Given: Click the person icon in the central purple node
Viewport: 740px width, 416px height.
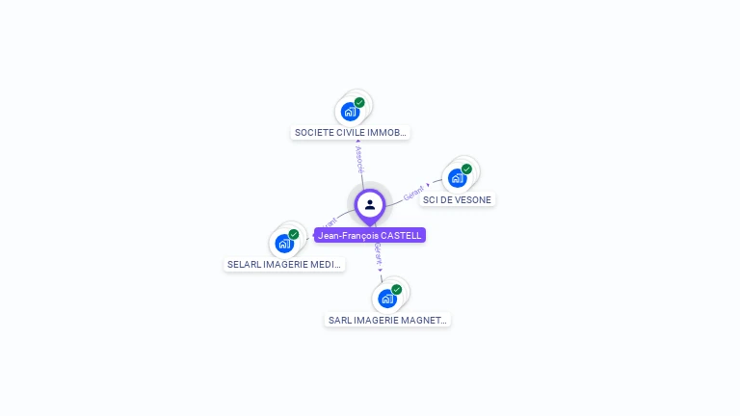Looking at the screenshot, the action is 370,204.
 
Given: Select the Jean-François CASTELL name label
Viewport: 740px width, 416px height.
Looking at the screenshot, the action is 370,235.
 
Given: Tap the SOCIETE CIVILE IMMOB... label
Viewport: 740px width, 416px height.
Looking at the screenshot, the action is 351,133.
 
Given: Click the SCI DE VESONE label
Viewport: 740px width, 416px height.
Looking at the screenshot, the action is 457,200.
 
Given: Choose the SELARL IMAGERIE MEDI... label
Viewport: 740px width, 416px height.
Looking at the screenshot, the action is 284,264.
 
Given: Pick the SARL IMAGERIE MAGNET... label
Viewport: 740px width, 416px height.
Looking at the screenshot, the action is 387,320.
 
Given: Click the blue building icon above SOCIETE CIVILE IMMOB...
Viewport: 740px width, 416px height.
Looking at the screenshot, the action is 350,112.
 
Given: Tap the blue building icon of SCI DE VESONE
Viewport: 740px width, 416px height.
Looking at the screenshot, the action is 457,178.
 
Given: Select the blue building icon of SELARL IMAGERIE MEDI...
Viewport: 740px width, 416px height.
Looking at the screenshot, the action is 283,243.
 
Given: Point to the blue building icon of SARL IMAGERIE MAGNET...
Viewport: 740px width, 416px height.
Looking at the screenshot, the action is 387,299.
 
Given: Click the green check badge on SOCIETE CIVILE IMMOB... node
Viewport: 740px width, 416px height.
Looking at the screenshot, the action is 359,102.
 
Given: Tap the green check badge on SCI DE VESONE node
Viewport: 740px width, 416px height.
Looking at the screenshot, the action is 466,169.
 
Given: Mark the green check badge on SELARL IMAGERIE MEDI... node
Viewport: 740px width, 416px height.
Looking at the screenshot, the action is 294,234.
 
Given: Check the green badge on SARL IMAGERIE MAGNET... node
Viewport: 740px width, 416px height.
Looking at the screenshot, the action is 397,289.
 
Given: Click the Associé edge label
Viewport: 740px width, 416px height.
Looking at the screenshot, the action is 359,160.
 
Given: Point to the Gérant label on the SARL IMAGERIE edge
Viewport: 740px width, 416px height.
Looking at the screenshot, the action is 378,254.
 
